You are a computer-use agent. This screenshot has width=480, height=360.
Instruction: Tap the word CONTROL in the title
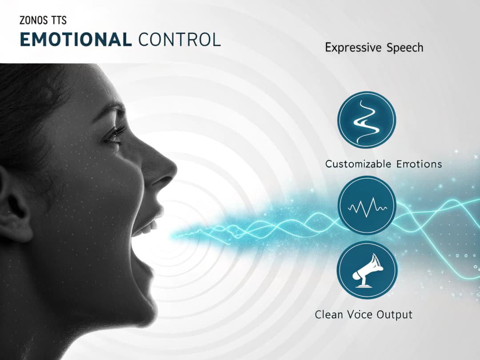point(180,40)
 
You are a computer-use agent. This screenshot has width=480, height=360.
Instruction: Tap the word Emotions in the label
point(418,164)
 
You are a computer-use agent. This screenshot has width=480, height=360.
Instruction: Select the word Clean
point(329,315)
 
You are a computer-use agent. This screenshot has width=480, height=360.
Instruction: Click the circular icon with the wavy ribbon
point(367,120)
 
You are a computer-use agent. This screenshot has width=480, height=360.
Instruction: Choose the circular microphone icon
point(367,270)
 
